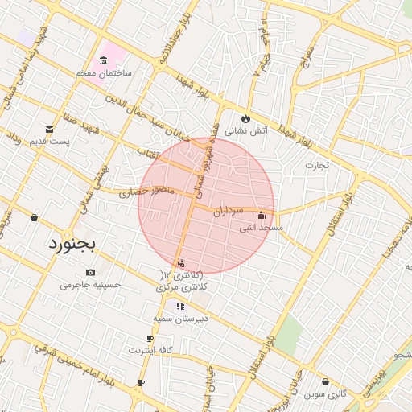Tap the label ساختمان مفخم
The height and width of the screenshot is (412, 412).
(103, 73)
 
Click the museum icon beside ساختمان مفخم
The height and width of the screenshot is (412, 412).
(103, 61)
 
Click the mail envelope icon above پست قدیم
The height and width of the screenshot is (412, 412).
(50, 130)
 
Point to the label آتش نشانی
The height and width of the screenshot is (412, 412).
(245, 130)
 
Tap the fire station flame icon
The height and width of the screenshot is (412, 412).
(245, 117)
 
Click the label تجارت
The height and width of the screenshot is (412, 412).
(317, 166)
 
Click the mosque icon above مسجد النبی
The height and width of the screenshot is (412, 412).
(261, 216)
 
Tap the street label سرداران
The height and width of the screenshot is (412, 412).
(229, 212)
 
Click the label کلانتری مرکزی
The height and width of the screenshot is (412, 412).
(184, 286)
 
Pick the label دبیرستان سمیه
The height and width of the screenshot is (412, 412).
(181, 318)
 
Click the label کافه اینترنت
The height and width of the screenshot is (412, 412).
(150, 350)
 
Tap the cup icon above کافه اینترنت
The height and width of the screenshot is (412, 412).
(150, 338)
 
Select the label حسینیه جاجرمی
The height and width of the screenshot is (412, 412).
(90, 284)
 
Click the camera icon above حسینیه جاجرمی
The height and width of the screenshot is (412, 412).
(89, 272)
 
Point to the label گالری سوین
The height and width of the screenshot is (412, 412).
(325, 393)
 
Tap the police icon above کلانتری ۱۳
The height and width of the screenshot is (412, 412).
(181, 263)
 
